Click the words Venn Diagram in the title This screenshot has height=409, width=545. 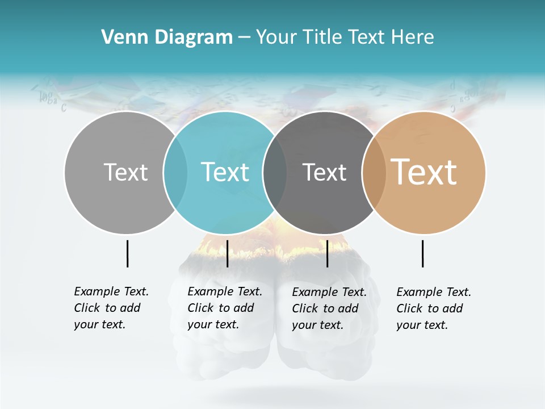(x=167, y=37)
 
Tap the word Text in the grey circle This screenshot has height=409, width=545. (x=125, y=172)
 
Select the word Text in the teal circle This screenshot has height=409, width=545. (x=225, y=172)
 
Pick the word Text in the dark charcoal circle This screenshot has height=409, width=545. (x=324, y=172)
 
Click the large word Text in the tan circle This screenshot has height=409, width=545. (x=424, y=172)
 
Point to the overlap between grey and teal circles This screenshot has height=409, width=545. (x=175, y=172)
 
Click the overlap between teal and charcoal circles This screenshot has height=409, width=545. (x=275, y=172)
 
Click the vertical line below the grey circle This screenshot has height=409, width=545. (x=127, y=253)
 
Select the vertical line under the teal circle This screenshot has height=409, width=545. (x=227, y=253)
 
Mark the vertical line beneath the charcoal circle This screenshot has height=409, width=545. (x=327, y=253)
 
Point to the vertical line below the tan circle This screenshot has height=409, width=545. (x=422, y=253)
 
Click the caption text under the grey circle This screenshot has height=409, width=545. (x=111, y=308)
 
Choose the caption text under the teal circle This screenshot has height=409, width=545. (x=224, y=308)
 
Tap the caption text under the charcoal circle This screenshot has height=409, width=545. (x=329, y=308)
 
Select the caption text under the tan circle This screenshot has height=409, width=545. (x=433, y=308)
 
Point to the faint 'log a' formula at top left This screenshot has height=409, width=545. (x=49, y=98)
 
